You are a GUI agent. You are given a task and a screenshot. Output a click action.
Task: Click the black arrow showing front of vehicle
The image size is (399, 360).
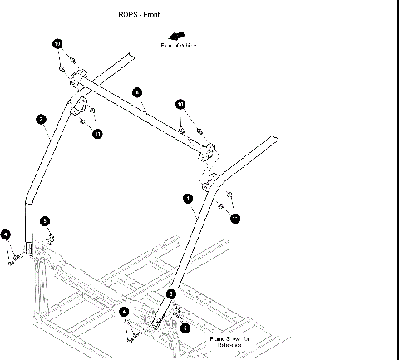[175, 36]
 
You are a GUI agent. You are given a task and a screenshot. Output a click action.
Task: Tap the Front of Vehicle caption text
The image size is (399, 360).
[179, 45]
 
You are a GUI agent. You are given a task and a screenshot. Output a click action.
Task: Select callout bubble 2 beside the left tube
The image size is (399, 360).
[41, 120]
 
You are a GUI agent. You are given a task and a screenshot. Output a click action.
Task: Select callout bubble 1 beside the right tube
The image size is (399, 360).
[188, 199]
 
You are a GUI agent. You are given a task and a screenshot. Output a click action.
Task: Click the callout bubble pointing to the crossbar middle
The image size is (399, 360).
[137, 92]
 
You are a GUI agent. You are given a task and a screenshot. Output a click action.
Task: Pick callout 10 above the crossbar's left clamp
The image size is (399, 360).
[57, 43]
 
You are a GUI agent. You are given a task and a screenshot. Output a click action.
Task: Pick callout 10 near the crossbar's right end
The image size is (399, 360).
[180, 104]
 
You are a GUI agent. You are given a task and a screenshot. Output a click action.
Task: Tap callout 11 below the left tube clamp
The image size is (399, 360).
[97, 133]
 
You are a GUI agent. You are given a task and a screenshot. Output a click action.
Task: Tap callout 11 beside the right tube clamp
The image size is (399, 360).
[235, 218]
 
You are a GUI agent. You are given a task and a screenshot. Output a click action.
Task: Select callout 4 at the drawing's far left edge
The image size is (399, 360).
[6, 235]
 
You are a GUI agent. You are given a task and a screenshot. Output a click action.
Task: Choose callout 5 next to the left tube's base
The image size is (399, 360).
[47, 221]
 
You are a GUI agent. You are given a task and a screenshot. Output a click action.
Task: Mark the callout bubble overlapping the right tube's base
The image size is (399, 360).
[171, 294]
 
